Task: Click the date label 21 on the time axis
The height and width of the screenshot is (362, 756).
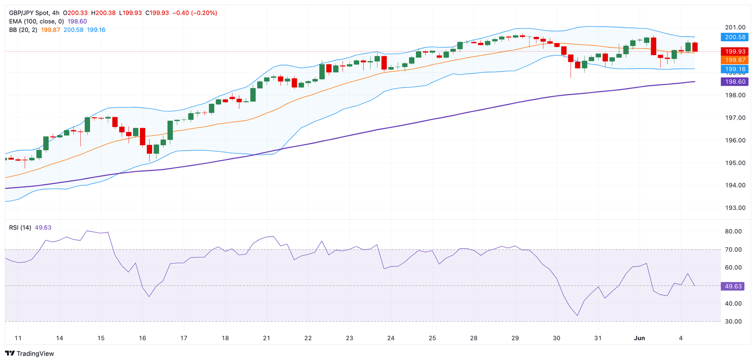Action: pyautogui.click(x=266, y=338)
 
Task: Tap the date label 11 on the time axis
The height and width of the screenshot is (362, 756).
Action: pyautogui.click(x=18, y=338)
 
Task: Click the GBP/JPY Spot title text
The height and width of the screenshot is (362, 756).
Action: pyautogui.click(x=30, y=13)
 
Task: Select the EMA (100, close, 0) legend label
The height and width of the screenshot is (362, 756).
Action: pyautogui.click(x=36, y=21)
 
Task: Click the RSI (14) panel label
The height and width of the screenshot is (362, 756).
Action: pyautogui.click(x=20, y=227)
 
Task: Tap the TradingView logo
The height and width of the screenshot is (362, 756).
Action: pyautogui.click(x=30, y=354)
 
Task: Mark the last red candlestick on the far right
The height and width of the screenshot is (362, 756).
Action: pyautogui.click(x=695, y=47)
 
